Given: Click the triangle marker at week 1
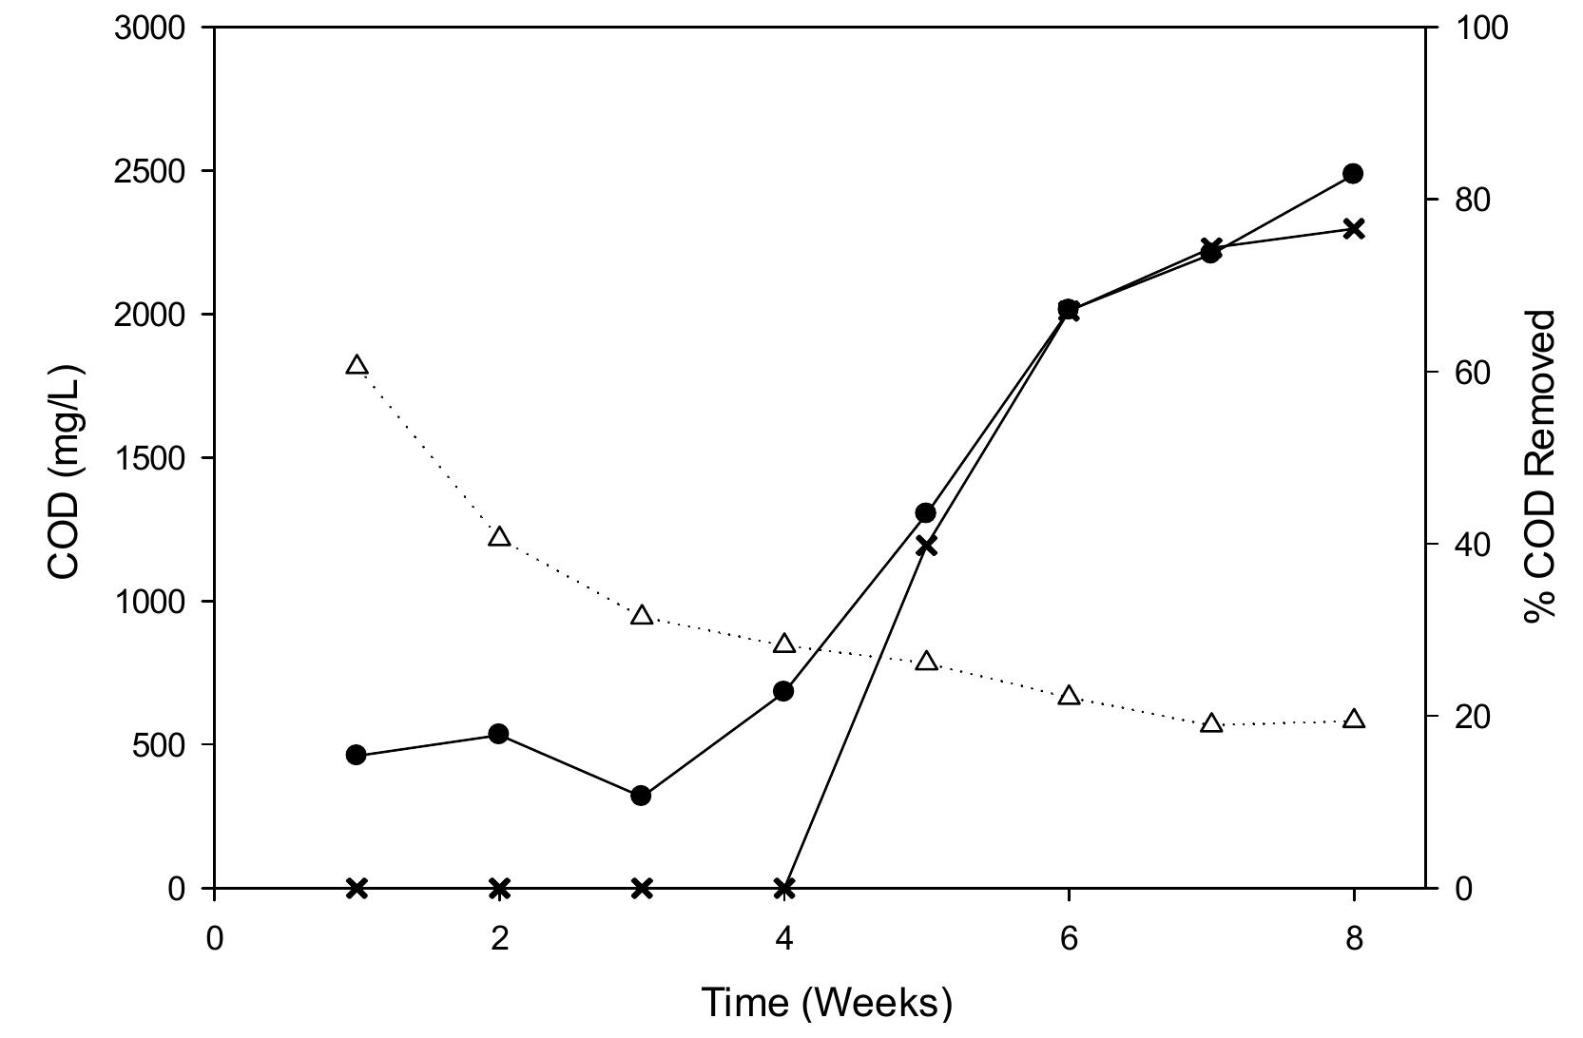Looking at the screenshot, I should click(x=357, y=366).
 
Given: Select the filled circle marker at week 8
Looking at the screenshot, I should click(x=1353, y=174).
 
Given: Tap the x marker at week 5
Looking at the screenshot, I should click(x=927, y=546).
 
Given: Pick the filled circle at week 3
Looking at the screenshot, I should click(x=641, y=796).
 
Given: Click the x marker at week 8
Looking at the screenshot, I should click(x=1354, y=229).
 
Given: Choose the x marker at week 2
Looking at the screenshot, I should click(x=499, y=888).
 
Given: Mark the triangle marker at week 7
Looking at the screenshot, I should click(x=1210, y=724).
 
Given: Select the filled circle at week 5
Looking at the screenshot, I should click(x=926, y=513).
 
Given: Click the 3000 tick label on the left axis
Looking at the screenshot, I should click(x=150, y=29).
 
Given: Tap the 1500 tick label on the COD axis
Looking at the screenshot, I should click(x=150, y=458).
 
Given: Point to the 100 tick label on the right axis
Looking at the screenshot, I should click(x=1481, y=29).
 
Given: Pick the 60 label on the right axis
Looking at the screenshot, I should click(x=1472, y=373).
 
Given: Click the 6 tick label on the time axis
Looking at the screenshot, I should click(x=1069, y=939).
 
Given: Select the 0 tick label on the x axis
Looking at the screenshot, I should click(x=215, y=939).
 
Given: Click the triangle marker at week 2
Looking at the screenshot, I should click(x=499, y=538).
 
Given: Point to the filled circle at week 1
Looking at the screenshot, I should click(x=357, y=755).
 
